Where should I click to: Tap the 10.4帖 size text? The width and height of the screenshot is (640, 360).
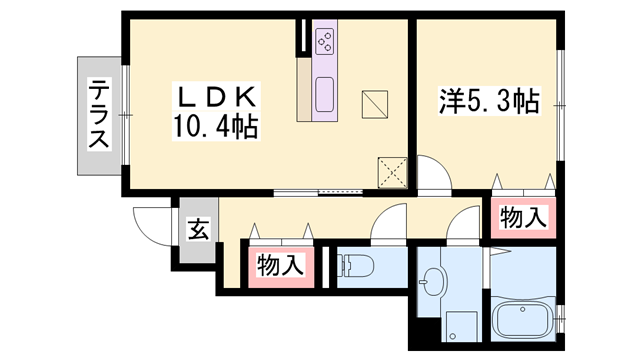point(218,127)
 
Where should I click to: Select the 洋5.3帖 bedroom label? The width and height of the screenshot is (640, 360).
point(490,100)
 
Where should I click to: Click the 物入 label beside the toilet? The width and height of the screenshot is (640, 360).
point(280,266)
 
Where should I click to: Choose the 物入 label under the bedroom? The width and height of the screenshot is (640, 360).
point(523,216)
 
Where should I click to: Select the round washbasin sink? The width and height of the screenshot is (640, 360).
point(432,283)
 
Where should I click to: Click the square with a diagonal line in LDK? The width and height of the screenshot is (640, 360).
point(375,103)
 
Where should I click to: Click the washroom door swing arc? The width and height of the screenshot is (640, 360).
point(465,226)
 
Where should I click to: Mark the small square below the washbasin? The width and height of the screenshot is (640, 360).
point(461,327)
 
